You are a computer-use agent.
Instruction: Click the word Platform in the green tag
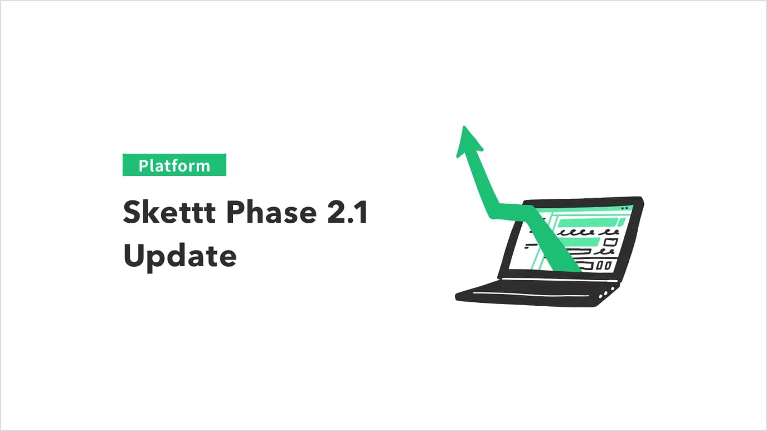(x=174, y=165)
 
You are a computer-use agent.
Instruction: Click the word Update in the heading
(x=179, y=257)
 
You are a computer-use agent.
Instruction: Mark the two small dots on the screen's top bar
(x=624, y=208)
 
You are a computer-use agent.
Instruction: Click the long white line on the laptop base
(x=530, y=293)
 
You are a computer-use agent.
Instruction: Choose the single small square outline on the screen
(x=611, y=242)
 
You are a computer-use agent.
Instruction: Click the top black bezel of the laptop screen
(x=585, y=200)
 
